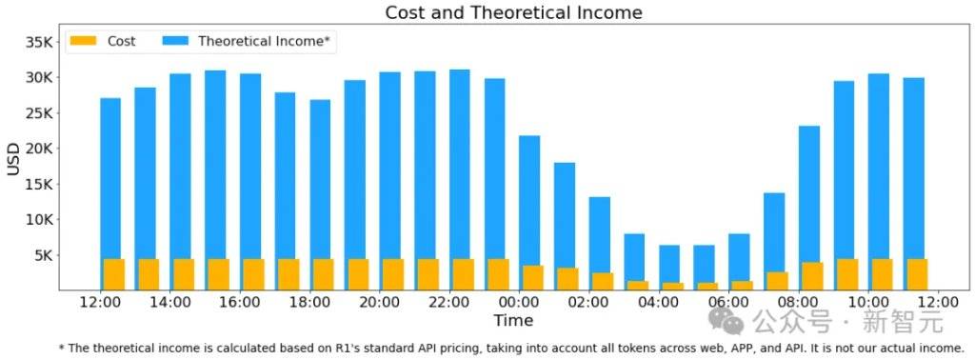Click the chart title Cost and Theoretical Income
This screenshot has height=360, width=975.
[513, 12]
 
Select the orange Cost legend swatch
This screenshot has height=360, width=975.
[84, 41]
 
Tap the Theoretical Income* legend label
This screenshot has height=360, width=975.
[264, 42]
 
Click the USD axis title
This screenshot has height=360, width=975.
[13, 158]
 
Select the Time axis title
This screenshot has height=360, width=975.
[513, 320]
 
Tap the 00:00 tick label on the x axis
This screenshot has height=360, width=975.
[520, 303]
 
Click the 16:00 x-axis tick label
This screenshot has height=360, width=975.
[240, 303]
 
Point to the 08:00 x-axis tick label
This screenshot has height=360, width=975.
[799, 303]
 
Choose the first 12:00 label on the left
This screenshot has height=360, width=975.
[101, 303]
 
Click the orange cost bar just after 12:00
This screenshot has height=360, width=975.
[114, 274]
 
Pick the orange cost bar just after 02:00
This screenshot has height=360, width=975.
[603, 281]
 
